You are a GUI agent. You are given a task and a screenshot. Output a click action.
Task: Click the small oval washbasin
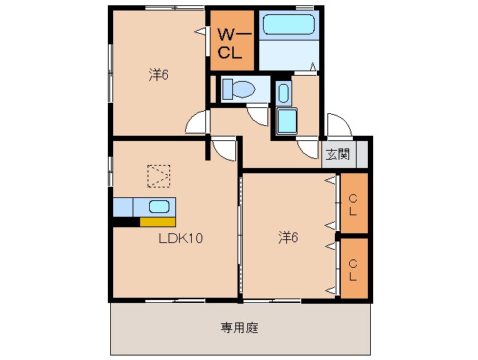(283, 94)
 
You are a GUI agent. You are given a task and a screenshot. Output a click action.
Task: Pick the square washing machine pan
(287, 121)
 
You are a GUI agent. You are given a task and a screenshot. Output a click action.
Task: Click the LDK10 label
(181, 239)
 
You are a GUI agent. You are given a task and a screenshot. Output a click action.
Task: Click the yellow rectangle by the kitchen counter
(157, 221)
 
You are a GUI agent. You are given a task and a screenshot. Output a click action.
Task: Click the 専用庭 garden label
(240, 327)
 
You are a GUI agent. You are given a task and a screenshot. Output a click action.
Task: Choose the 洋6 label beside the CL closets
(288, 238)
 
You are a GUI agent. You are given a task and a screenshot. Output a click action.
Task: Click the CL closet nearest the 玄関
(353, 202)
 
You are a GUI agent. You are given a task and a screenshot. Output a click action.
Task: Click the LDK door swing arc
(223, 149)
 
